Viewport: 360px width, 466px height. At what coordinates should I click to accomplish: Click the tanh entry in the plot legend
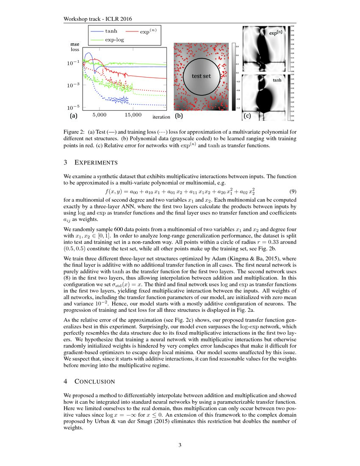point(111,31)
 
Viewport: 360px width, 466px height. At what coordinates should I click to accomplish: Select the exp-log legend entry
point(114,39)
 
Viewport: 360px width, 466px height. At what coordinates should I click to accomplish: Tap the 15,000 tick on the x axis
point(133,115)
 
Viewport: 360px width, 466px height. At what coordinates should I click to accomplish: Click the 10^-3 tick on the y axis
point(75,85)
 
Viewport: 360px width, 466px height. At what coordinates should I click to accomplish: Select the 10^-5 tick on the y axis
point(75,107)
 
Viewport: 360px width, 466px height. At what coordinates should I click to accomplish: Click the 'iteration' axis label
point(161,117)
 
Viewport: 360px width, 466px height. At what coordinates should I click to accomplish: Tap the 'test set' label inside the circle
point(202,76)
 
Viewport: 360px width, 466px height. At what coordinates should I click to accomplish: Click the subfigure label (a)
point(73,115)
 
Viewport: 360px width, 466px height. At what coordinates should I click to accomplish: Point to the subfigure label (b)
point(179,115)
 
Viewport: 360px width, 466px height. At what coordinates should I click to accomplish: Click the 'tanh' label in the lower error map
point(277,80)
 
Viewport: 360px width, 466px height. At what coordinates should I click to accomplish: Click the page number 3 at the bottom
point(180,445)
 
